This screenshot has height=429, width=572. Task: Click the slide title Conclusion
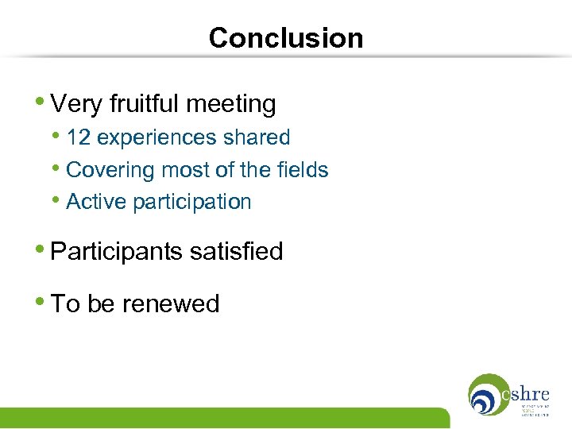tap(285, 38)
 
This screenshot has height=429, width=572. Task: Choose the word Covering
tap(110, 170)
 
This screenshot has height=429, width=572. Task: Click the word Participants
tap(117, 252)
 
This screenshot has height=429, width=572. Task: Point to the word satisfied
tap(236, 252)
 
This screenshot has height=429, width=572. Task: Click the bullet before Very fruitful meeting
tap(41, 102)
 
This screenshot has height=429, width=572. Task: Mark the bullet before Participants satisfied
tap(41, 250)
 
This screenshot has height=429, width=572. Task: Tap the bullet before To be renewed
tap(41, 302)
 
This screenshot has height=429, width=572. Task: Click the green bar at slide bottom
tap(222, 418)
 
